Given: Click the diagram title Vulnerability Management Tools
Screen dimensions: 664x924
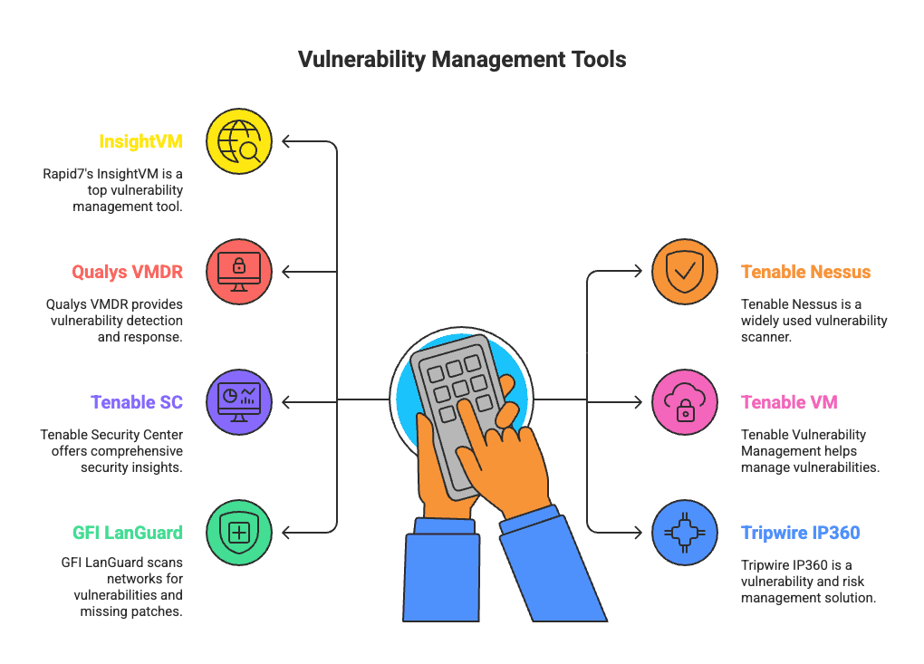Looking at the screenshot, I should tap(462, 60).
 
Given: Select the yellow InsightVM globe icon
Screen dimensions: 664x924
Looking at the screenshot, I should tap(239, 141).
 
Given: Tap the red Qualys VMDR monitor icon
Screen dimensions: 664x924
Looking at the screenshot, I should tap(239, 272).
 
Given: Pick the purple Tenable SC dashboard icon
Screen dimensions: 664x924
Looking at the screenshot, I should tap(239, 401).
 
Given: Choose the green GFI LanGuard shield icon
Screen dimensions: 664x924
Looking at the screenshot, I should tap(239, 532).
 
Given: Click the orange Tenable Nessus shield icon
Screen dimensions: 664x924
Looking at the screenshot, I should tap(685, 272).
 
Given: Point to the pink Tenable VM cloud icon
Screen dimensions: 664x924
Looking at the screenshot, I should tap(685, 401).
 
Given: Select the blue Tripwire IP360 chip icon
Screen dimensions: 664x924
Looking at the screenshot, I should tap(685, 532).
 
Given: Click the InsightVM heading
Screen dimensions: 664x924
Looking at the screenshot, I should tap(140, 141).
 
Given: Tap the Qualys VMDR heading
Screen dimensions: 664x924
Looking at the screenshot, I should tap(127, 272).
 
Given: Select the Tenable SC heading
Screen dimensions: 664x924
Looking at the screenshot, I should tap(136, 401).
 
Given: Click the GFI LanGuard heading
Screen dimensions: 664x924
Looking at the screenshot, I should tap(127, 532).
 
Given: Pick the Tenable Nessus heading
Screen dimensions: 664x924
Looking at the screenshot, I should tap(805, 272).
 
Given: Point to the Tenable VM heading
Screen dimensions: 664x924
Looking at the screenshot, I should tap(788, 401).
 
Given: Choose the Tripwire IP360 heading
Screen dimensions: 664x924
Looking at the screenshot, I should tap(800, 532).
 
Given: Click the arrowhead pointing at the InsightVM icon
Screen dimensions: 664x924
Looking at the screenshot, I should tap(286, 141).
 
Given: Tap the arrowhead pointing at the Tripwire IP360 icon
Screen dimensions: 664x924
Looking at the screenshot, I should tap(638, 532).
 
